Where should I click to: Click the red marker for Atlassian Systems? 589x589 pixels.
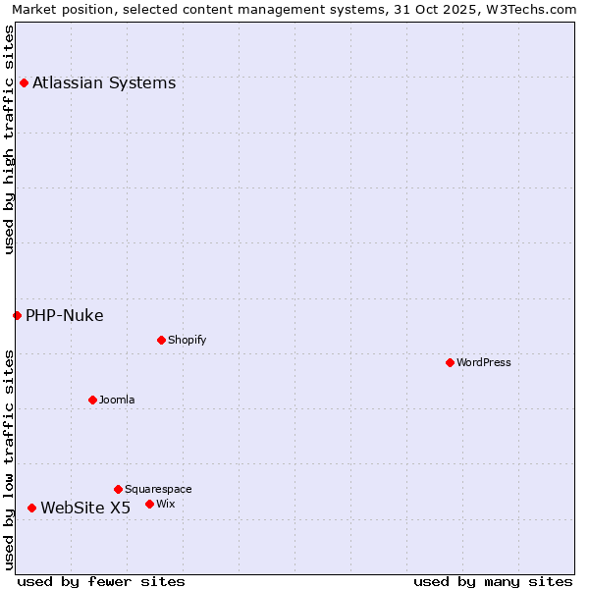(24, 82)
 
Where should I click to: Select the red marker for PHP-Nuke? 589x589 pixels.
(17, 315)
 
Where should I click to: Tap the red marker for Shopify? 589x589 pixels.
(161, 340)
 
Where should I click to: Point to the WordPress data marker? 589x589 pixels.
(450, 362)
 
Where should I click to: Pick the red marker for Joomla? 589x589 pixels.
(92, 400)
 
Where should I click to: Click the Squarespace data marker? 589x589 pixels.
(118, 489)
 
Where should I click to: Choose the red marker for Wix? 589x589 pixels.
(149, 504)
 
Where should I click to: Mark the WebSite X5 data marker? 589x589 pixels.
(31, 508)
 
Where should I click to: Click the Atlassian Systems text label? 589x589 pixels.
(104, 82)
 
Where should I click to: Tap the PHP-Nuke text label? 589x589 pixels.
(65, 315)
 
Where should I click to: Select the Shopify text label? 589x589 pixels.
(187, 340)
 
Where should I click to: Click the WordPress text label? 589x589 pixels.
(484, 362)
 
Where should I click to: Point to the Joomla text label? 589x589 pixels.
(117, 400)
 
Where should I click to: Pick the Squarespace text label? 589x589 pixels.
(158, 489)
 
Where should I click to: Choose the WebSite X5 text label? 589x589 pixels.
(85, 508)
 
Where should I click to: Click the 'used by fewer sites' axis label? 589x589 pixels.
(101, 581)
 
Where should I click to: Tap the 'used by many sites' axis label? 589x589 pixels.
(493, 581)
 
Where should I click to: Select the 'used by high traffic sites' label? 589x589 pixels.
(9, 139)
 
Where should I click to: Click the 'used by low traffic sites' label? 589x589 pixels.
(9, 459)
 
